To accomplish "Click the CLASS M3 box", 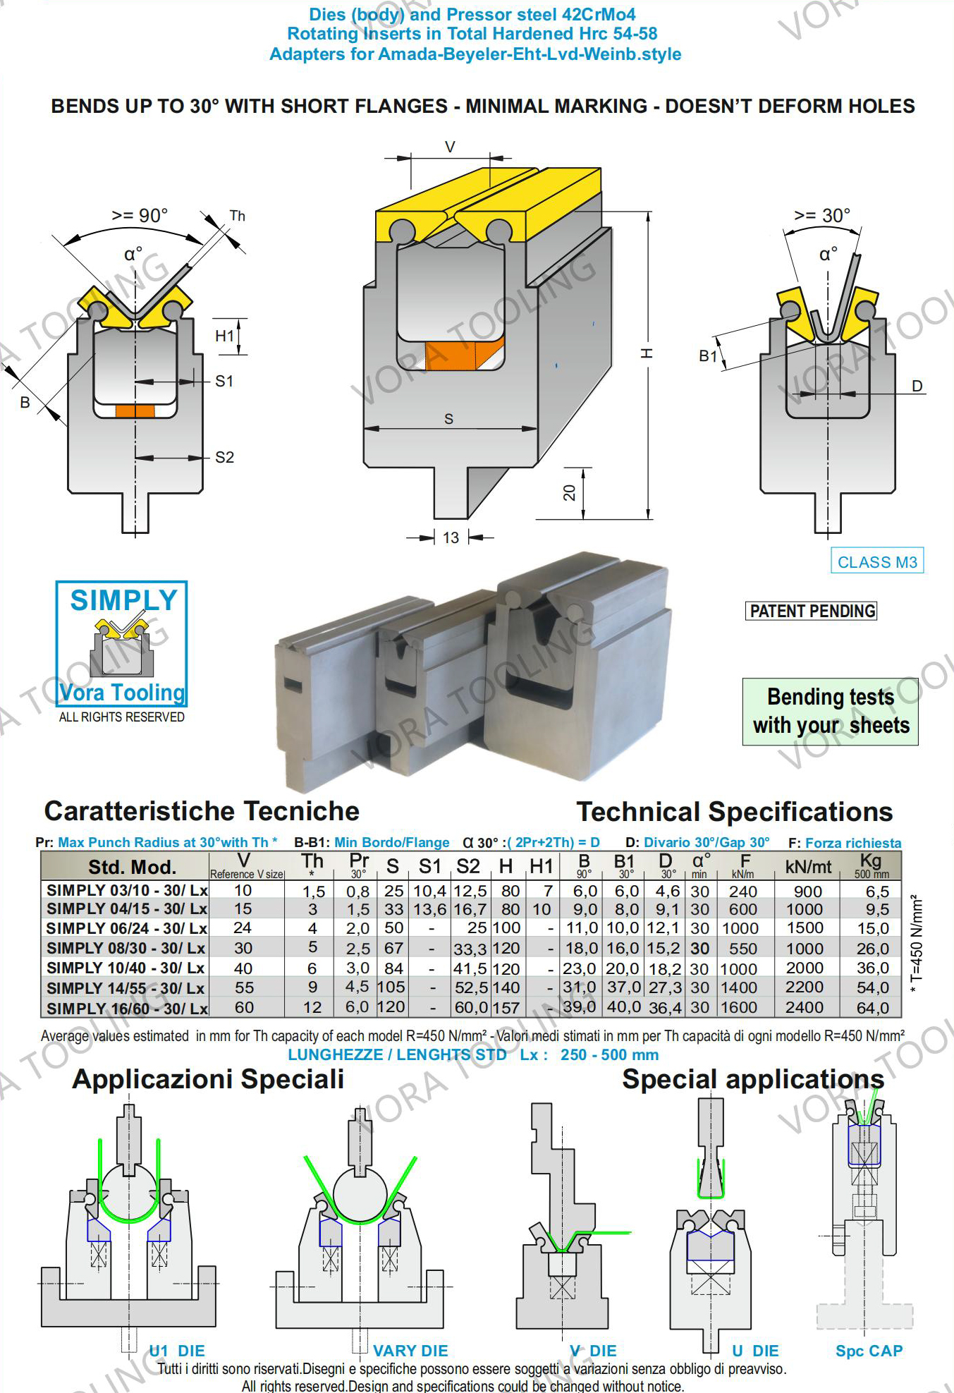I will point(876,561).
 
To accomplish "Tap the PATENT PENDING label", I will point(812,611).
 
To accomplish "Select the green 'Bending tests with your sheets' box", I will point(830,711).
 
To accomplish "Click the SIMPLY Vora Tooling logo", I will point(122,643).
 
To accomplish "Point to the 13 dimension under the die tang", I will point(451,538).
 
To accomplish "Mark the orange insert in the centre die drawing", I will point(464,355).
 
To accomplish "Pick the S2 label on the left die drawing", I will point(224,458).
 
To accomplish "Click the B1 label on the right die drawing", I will point(708,356).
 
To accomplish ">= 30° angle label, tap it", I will point(822,215).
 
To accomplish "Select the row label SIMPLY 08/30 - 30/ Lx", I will point(126,948).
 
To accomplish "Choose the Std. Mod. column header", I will point(132,867).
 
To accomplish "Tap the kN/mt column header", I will point(808,867).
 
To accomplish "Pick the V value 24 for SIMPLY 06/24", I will point(243,928).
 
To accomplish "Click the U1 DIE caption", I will point(177,1351).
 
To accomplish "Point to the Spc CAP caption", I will point(869,1351).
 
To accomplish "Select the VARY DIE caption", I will point(410,1351).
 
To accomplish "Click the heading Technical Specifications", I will point(734,812).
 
